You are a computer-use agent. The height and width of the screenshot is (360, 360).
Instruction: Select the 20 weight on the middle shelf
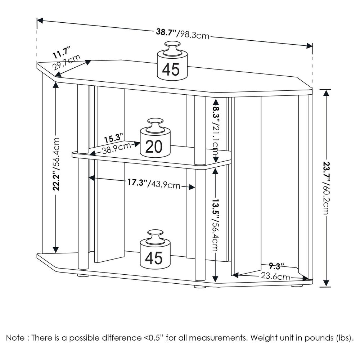tap(155, 138)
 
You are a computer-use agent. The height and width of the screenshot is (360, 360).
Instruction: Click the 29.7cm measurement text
tap(67, 62)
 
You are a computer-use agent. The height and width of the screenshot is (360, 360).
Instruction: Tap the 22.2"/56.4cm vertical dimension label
tap(56, 164)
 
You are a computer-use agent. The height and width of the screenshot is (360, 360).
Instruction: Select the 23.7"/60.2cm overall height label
tap(326, 188)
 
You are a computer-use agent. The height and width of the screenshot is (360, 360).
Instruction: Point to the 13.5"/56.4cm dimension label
tap(216, 225)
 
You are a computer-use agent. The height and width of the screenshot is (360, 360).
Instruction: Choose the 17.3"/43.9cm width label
tap(154, 184)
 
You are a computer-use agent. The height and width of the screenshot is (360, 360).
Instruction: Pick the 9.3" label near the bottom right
tap(276, 266)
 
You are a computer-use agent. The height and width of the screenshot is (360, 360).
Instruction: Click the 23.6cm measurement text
tap(275, 276)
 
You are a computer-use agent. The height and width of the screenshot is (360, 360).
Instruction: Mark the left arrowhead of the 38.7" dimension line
tap(40, 21)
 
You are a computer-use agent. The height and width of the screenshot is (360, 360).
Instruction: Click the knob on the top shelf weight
tap(172, 48)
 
